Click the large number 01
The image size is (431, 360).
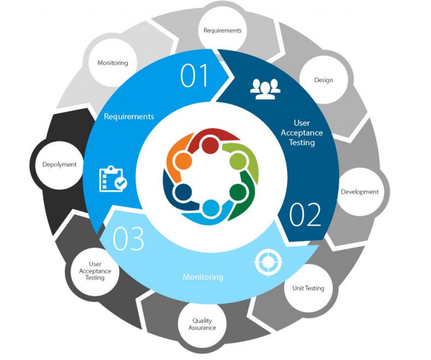click(194, 75)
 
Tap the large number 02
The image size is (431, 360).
click(305, 215)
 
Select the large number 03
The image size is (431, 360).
click(128, 238)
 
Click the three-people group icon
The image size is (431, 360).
click(265, 89)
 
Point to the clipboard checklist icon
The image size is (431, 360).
click(113, 179)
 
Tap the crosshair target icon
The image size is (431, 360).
click(268, 262)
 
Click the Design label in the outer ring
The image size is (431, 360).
click(323, 80)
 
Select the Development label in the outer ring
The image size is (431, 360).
click(360, 192)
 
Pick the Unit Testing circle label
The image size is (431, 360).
click(308, 288)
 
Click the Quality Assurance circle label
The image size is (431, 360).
click(202, 324)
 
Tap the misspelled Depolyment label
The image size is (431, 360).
click(59, 165)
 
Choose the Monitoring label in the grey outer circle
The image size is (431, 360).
click(112, 63)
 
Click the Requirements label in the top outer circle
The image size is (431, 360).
click(222, 30)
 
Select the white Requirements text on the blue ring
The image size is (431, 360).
click(129, 116)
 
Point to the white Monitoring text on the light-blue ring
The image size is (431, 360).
click(203, 277)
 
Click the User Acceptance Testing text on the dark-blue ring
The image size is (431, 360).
click(302, 133)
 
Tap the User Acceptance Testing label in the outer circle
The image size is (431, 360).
click(95, 271)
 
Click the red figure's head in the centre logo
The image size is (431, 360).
click(210, 145)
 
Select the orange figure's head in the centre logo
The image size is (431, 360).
click(183, 161)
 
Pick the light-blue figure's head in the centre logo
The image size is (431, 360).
click(211, 208)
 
